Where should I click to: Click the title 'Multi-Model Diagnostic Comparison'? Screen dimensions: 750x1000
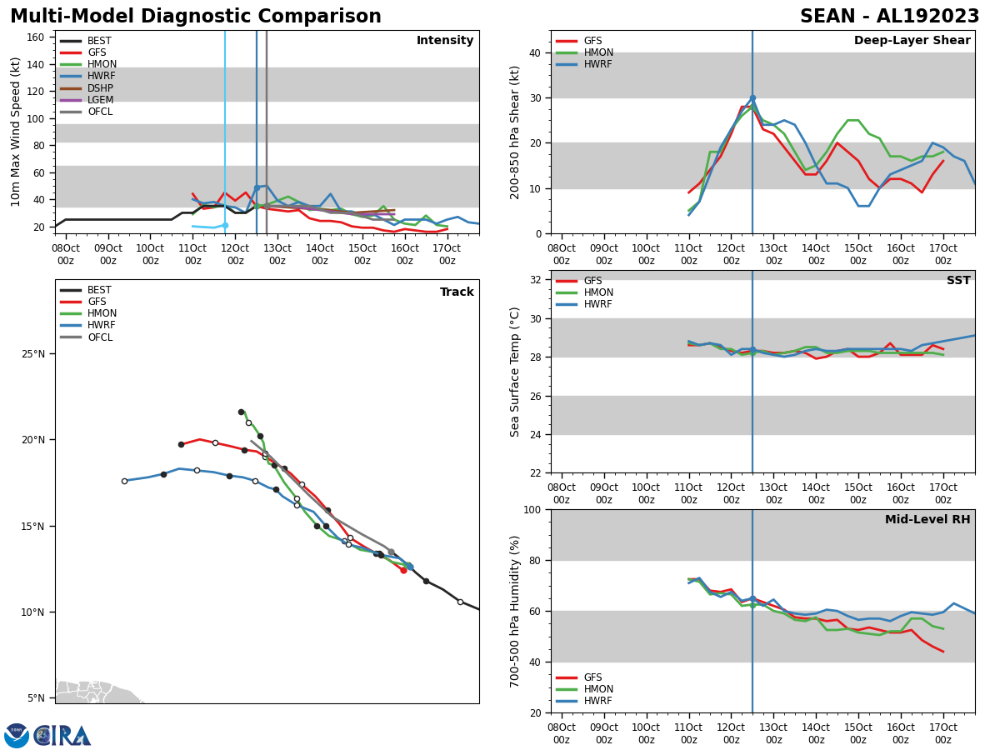[196, 17]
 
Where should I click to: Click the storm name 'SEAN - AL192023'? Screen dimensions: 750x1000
[889, 17]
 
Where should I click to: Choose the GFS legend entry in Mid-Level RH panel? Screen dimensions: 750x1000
[592, 677]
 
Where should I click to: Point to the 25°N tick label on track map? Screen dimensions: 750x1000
[33, 354]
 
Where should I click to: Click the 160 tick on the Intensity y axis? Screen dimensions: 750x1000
[35, 37]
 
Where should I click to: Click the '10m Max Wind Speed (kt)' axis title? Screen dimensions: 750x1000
[17, 132]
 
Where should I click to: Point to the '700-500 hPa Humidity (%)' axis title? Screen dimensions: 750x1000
[515, 611]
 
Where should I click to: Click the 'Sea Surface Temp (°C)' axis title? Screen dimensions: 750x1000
[515, 372]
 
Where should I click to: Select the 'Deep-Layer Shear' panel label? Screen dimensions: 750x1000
[912, 41]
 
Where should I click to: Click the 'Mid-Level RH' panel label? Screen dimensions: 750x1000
[927, 520]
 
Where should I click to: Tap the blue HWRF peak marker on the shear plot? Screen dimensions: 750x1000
[752, 98]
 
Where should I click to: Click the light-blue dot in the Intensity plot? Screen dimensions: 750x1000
[225, 225]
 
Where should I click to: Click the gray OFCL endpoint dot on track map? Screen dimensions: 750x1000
[391, 552]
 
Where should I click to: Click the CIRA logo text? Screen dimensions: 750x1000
[63, 736]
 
